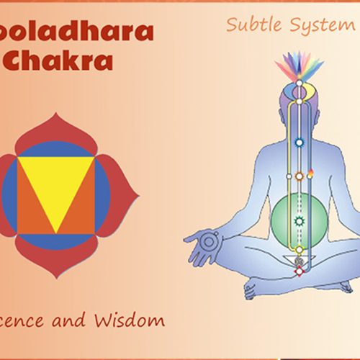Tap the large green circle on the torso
click(x=296, y=220)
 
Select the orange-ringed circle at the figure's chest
click(x=298, y=176)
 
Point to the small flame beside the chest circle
click(x=311, y=173)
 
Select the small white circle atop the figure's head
click(x=297, y=91)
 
